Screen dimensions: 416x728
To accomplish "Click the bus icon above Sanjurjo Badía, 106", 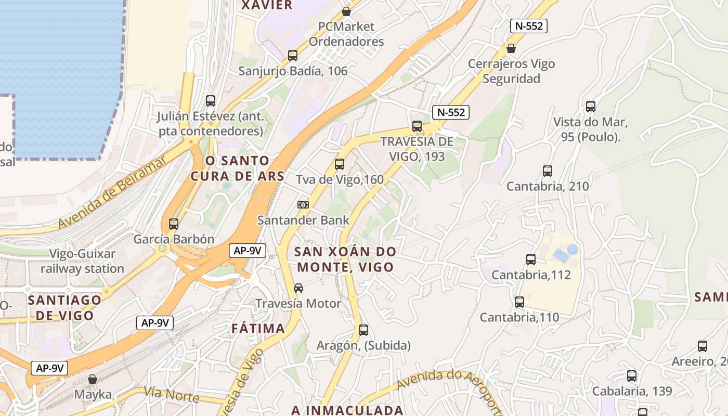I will point(293,56).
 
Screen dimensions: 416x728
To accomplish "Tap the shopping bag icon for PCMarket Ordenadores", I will point(346,11).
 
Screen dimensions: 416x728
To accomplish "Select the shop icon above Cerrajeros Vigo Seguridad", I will point(511,48).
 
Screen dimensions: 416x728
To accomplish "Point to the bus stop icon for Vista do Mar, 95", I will point(591,107).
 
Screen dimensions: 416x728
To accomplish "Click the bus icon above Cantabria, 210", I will point(548,171).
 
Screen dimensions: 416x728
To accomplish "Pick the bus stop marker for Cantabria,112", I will point(531,259).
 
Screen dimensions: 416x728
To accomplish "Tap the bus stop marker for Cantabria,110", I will point(519,302).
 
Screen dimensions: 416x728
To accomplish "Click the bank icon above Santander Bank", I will point(303,205).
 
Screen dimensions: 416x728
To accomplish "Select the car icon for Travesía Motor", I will point(298,288).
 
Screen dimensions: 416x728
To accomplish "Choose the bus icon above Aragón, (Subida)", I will point(363,330).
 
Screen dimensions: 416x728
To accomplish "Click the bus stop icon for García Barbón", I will point(174,224).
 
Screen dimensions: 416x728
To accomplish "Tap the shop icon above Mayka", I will point(93,379).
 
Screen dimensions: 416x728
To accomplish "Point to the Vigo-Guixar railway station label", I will point(82,262).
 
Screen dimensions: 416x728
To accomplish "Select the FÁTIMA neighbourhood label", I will point(258,328).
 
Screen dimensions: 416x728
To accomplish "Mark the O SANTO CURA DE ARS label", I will point(237,168).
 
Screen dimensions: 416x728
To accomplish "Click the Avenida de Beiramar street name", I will point(112,192).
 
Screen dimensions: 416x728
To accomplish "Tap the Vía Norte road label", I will point(172,395).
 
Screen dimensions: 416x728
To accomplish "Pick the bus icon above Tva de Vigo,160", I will point(340,164).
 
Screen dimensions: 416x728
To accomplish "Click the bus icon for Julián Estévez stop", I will point(211,101).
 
